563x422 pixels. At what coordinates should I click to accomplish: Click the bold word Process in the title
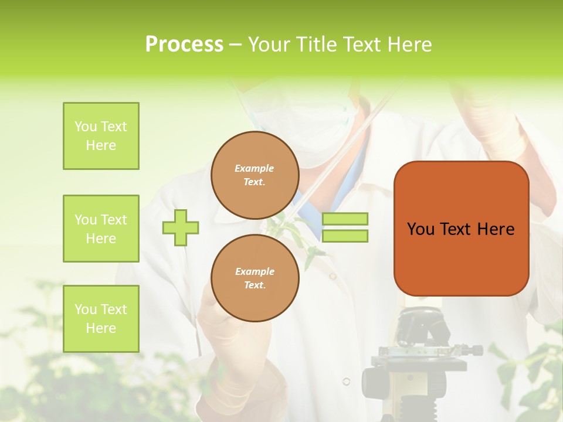184,45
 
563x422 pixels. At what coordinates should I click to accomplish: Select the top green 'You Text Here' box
101,136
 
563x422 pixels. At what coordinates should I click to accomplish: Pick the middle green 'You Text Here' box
101,229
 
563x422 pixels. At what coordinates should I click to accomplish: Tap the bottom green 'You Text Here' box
101,319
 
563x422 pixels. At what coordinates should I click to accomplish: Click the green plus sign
181,227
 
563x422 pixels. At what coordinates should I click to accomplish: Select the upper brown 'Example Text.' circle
255,175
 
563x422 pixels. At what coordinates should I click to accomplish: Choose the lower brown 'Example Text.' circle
255,278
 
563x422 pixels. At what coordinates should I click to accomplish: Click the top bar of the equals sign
345,219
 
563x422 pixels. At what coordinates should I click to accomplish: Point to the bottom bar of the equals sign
345,236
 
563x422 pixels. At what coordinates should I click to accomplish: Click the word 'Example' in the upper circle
255,168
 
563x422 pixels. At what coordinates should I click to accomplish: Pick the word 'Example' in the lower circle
255,271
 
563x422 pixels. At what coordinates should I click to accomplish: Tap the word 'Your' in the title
269,45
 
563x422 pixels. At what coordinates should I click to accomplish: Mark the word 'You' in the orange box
420,229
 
